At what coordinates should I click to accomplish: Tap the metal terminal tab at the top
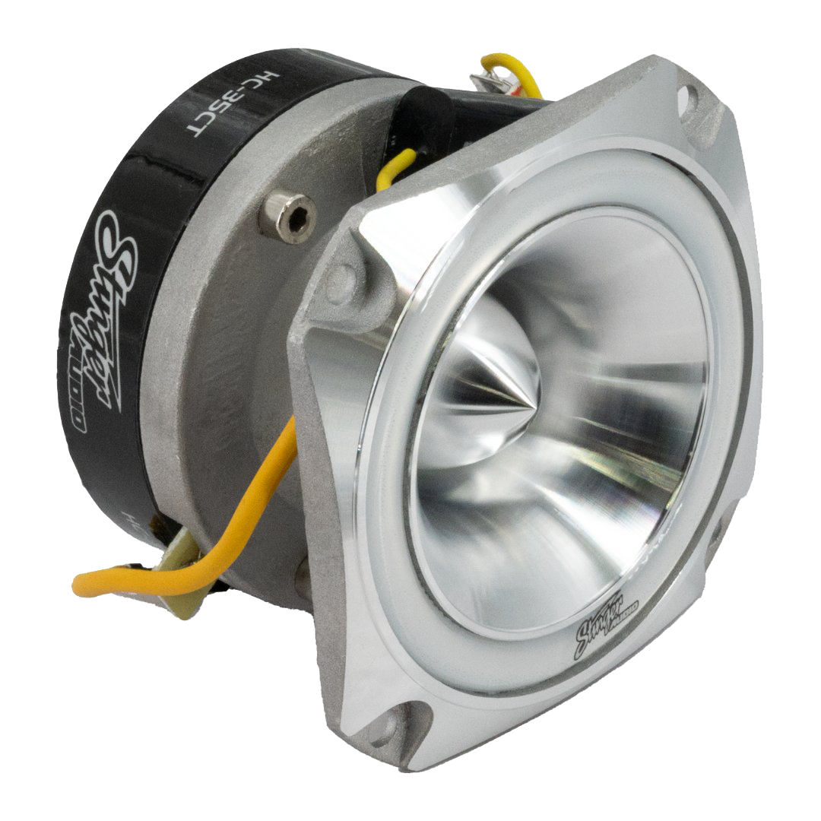(483, 81)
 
